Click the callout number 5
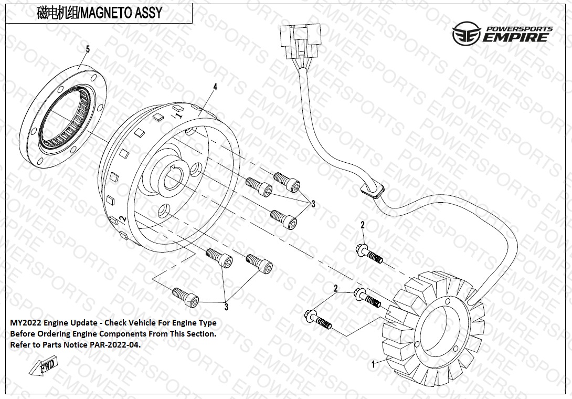coord(88,49)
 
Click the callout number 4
coord(215,86)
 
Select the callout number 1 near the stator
coord(373,363)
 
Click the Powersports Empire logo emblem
coord(466,34)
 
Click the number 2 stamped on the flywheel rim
coord(122,218)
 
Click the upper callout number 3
coord(313,204)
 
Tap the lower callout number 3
coord(227,307)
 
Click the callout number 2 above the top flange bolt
coord(362,225)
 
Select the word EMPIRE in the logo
coord(516,37)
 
